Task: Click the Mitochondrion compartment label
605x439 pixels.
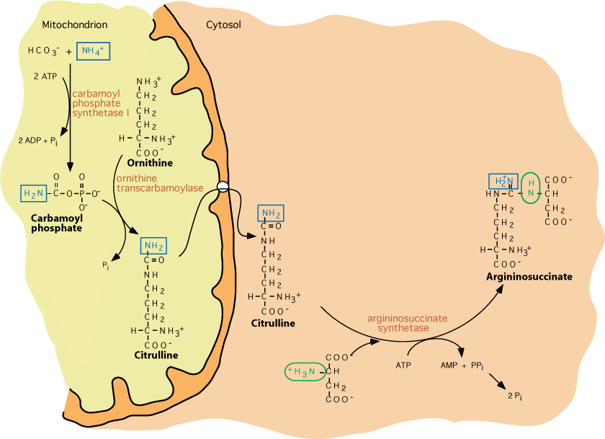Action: pyautogui.click(x=75, y=25)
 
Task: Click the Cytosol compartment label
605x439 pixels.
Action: pyautogui.click(x=223, y=25)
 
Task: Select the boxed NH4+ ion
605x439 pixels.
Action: pyautogui.click(x=94, y=50)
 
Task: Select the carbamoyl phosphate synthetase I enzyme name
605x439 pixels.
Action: pyautogui.click(x=100, y=103)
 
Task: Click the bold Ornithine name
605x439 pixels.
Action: pyautogui.click(x=149, y=163)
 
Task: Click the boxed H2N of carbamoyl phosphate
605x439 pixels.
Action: pyautogui.click(x=35, y=193)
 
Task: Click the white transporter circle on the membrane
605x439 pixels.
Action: pyautogui.click(x=223, y=186)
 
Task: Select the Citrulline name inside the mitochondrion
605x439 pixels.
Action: pyautogui.click(x=156, y=355)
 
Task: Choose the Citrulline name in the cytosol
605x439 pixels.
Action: pyautogui.click(x=273, y=323)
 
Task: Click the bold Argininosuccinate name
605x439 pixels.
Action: pyautogui.click(x=529, y=276)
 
